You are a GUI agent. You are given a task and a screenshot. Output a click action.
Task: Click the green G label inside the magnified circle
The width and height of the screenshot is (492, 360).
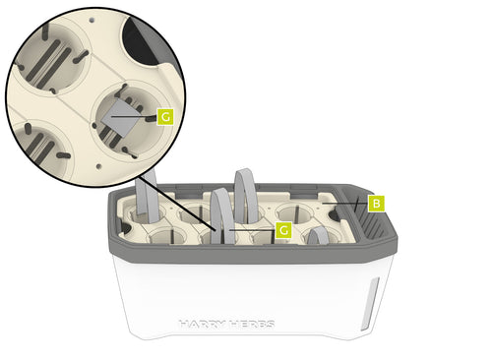pos(165,117)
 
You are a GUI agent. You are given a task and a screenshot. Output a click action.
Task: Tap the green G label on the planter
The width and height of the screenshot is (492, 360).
pos(283,230)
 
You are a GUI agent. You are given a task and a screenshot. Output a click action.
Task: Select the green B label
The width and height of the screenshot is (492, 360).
pos(376,204)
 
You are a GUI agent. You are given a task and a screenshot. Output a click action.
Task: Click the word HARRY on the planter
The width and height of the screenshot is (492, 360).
pos(203,325)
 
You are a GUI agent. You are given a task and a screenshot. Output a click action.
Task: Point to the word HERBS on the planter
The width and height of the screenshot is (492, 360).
pos(252,325)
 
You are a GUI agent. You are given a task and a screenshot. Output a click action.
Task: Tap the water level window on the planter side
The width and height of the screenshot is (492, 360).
pos(370,304)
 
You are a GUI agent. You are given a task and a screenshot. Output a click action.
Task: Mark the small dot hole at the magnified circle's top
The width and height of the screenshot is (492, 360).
pos(92,21)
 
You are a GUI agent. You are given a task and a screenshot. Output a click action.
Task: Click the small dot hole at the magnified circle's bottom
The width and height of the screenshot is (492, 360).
pos(98,166)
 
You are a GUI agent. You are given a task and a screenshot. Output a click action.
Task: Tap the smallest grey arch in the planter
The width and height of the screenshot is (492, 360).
pos(318,236)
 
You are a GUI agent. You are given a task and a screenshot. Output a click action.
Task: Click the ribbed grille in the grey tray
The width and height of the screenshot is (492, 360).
pos(372,225)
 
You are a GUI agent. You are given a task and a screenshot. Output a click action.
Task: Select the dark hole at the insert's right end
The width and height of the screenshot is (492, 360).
pos(335,215)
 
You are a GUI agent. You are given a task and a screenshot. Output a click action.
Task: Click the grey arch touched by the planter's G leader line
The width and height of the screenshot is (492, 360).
pos(223,216)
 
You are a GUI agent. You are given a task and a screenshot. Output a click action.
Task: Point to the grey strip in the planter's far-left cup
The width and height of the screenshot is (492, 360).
pos(148,197)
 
